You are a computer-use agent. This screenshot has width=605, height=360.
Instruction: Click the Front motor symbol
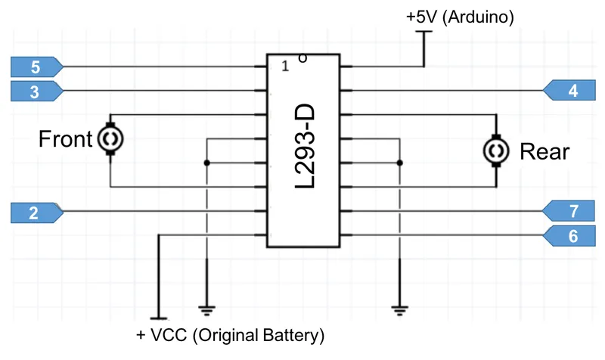point(110,139)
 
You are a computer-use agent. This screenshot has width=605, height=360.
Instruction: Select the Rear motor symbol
point(496,151)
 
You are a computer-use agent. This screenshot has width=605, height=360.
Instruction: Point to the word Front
point(65,139)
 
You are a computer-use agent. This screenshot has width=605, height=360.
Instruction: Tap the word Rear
point(544,152)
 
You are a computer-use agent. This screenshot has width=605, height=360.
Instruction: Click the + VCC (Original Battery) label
point(230,334)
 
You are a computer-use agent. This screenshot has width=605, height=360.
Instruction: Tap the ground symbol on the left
point(206,309)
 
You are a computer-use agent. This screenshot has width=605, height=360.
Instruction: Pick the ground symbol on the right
point(399,309)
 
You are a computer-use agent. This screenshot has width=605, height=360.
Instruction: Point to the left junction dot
point(206,163)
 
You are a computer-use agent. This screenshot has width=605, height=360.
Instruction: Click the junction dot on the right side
point(399,163)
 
